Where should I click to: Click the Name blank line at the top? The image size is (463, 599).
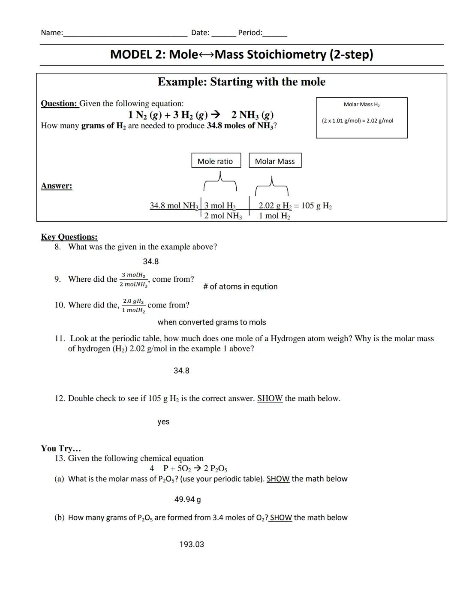tap(125, 34)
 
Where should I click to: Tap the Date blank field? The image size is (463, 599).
tap(223, 34)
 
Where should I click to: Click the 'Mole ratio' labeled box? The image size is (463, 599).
tap(216, 161)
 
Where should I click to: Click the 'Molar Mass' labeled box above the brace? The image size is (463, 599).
tap(275, 161)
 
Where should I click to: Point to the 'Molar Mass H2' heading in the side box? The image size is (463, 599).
tap(361, 104)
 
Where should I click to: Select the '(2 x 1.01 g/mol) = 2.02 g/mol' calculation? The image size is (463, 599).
tap(357, 120)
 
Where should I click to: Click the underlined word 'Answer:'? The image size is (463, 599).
tap(57, 186)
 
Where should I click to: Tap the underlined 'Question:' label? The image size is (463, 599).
tap(60, 103)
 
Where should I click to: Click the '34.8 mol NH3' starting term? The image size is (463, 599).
tap(174, 205)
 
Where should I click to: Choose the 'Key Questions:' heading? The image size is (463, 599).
tap(69, 237)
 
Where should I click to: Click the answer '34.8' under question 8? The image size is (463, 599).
tap(150, 262)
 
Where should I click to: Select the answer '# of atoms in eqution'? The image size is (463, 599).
tap(240, 286)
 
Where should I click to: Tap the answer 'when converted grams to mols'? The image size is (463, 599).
tap(211, 322)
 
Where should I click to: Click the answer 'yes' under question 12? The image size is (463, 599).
tap(163, 422)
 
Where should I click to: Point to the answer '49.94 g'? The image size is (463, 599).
tap(187, 500)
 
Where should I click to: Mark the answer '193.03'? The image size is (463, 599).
tap(191, 545)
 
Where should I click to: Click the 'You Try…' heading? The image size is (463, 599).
tap(61, 448)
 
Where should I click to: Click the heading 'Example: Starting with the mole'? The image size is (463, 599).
tap(241, 81)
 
